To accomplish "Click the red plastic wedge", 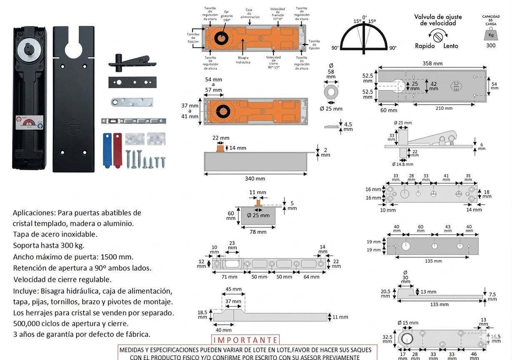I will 117,150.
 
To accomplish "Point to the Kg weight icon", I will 491,35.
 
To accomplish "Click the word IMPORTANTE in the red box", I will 245,340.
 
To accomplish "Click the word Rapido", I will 425,46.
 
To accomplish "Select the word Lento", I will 451,46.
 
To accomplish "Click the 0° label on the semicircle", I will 365,18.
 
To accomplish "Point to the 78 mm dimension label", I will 258,232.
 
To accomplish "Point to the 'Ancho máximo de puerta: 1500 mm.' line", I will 73,256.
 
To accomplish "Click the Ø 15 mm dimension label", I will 407,323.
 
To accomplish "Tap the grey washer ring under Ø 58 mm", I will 331,92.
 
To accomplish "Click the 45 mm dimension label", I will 233,290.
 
